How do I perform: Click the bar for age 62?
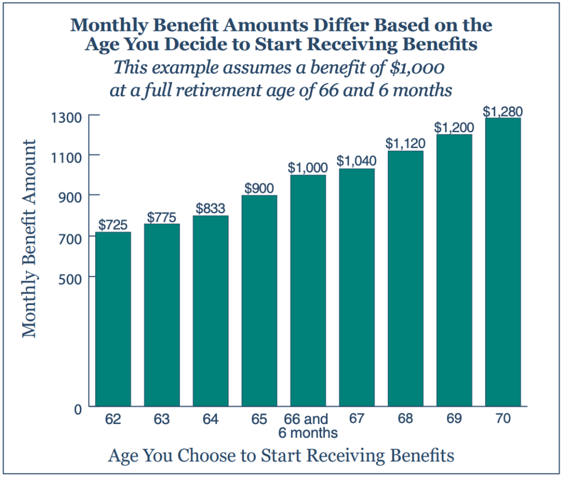(113, 319)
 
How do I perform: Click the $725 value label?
(113, 225)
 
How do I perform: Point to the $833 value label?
(210, 209)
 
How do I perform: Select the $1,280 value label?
(502, 111)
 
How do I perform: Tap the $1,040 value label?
(356, 161)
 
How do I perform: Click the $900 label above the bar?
(259, 188)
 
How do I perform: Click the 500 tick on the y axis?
(72, 277)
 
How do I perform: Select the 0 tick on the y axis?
(78, 409)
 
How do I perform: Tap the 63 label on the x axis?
(161, 419)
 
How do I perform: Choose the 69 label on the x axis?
(454, 418)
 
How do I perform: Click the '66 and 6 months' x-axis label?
(307, 426)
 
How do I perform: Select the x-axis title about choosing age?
(281, 456)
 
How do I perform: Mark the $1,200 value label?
(454, 127)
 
